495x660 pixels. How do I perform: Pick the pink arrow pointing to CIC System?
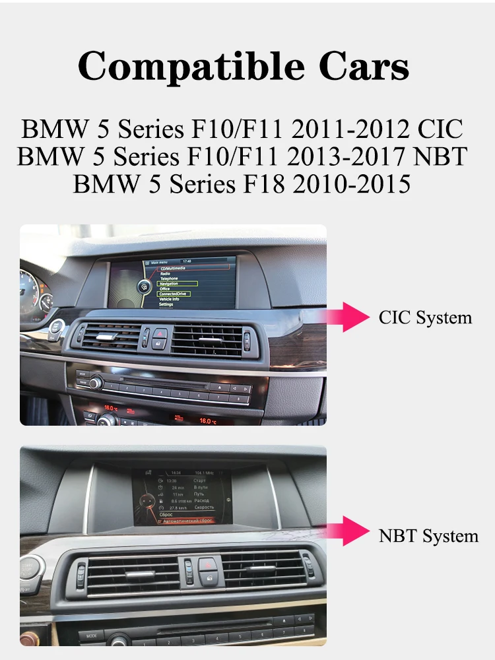point(356,317)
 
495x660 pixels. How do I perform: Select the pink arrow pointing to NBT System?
point(356,531)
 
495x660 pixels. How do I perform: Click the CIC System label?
point(426,317)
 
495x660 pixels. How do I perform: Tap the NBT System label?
point(428,535)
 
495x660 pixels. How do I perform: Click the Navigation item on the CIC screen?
point(171,283)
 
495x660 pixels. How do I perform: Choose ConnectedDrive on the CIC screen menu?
point(174,294)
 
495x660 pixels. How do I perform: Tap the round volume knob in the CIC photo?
point(98,381)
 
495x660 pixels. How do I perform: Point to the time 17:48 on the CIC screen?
point(186,261)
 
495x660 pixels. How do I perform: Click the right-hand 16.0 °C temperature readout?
point(209,420)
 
